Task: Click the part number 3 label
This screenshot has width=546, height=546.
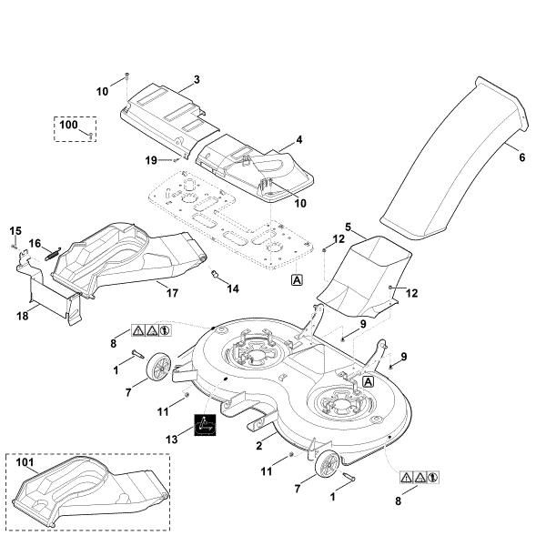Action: click(x=196, y=80)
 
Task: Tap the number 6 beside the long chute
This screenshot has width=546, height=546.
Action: click(x=521, y=157)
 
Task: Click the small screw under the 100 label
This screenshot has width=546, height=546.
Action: click(x=92, y=135)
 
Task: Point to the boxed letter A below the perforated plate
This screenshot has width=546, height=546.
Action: click(x=297, y=280)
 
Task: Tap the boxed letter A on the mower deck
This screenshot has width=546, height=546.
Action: click(x=368, y=383)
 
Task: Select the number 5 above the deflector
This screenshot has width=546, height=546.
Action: click(x=349, y=225)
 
